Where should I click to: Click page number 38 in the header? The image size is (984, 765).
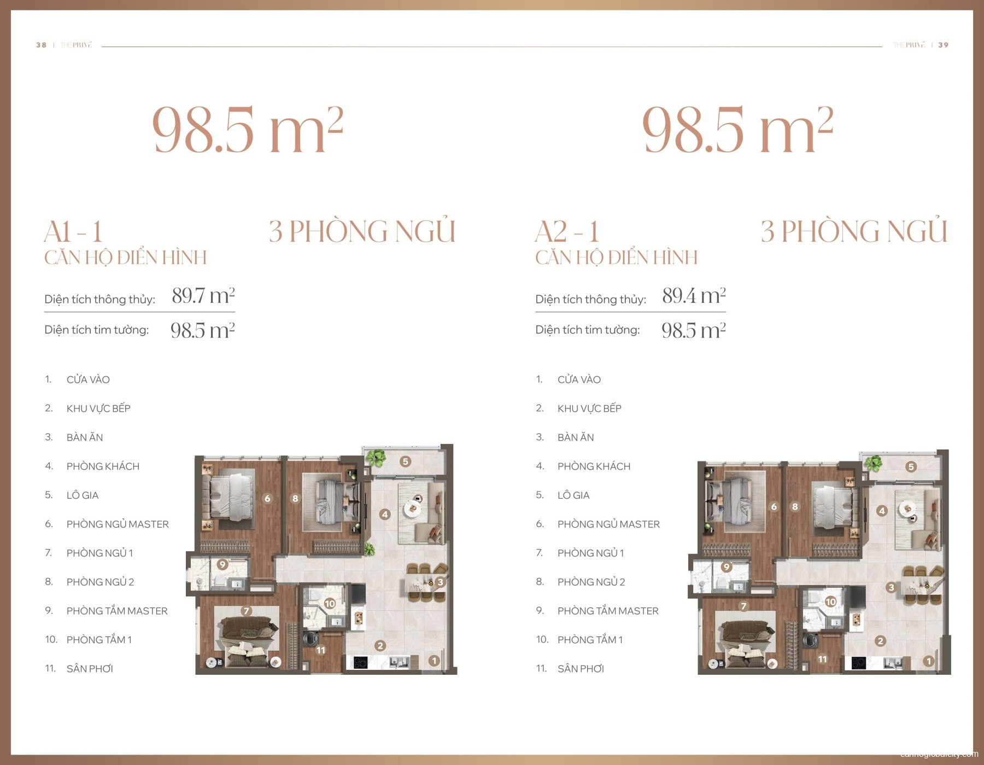point(41,45)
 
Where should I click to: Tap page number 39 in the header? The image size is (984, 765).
point(943,45)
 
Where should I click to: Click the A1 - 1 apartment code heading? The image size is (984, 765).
point(73,232)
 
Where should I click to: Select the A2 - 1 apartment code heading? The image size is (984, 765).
point(567,232)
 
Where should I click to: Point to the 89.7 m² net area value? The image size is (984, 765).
point(203,296)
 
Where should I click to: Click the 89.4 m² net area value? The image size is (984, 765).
point(694,296)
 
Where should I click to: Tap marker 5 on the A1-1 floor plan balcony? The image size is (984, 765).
point(405,462)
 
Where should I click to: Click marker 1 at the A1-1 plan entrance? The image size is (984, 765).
point(434,661)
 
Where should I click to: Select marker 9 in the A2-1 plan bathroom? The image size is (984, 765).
point(726,567)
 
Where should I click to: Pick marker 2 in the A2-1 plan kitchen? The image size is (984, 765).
point(880,641)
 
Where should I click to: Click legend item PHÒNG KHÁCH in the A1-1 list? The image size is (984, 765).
point(103,466)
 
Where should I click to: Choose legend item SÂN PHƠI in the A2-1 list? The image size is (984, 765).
point(581,669)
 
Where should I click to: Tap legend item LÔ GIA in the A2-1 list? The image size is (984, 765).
point(573,495)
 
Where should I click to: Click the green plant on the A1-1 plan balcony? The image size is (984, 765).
point(376,458)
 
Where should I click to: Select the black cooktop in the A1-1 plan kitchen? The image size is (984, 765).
point(361,663)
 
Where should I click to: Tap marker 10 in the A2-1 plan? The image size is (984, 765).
point(830,602)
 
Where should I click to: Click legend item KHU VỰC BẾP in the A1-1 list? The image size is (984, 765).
point(98,408)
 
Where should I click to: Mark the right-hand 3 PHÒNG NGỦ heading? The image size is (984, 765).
point(854,231)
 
